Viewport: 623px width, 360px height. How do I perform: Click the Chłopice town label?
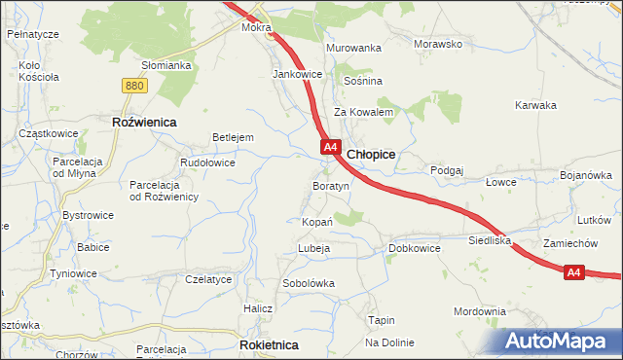[x=371, y=154]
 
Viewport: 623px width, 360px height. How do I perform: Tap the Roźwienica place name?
[x=143, y=122]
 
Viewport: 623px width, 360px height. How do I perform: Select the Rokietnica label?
[x=269, y=344]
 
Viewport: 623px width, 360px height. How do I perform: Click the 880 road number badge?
[x=134, y=87]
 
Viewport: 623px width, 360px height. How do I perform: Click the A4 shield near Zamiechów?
[x=574, y=273]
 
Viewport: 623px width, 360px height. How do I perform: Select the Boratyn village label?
[x=330, y=185]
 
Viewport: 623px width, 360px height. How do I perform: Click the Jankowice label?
[x=298, y=74]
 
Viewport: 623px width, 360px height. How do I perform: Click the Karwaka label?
[x=535, y=105]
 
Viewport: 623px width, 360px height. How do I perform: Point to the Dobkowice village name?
[x=415, y=248]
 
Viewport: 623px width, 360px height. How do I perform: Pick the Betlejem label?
[x=233, y=137]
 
